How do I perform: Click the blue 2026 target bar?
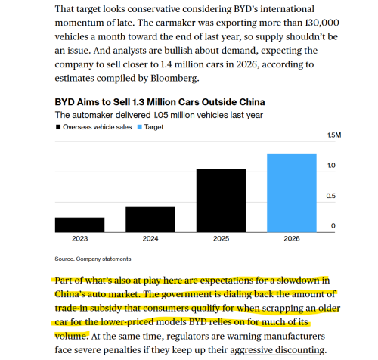(292, 193)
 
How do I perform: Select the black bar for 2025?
(221, 200)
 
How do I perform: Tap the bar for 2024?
(150, 219)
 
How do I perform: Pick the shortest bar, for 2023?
(79, 225)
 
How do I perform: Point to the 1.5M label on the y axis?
(334, 135)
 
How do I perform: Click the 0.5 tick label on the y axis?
(330, 196)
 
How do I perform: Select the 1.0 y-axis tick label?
(331, 166)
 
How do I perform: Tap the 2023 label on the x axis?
(80, 238)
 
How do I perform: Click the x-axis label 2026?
(292, 238)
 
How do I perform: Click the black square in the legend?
(58, 127)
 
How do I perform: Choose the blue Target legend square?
(140, 127)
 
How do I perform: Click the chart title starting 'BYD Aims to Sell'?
(160, 102)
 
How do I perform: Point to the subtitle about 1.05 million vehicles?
(159, 115)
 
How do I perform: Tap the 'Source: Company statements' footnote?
(93, 259)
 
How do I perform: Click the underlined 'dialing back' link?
(248, 294)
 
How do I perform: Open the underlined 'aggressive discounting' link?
(277, 350)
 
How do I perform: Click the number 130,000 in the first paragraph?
(322, 23)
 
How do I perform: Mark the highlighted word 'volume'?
(70, 336)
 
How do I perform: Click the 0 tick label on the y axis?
(333, 226)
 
